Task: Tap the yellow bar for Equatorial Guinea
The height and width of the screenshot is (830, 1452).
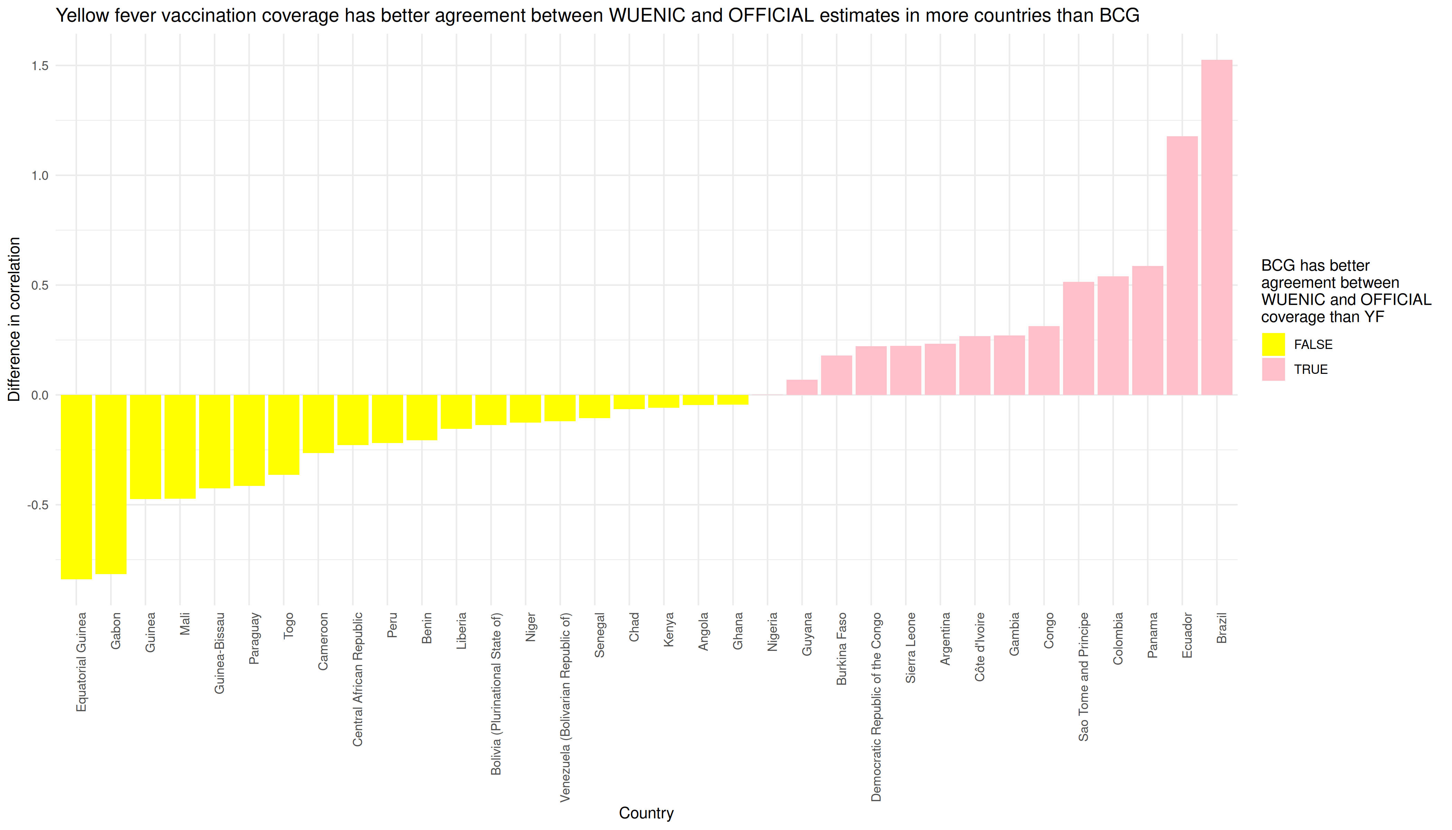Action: pos(76,487)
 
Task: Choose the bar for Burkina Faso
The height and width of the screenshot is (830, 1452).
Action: pos(837,375)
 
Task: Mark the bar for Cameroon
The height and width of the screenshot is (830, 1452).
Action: pos(318,424)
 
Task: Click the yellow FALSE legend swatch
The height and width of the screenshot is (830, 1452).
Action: pos(1273,344)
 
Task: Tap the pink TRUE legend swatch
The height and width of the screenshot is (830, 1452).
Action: pos(1273,369)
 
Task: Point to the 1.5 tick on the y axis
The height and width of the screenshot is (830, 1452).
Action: pos(40,66)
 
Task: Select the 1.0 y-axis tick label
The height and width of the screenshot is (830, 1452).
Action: pos(40,176)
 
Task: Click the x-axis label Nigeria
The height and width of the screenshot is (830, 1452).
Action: pos(772,631)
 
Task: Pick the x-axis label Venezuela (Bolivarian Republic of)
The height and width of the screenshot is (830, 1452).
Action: pos(565,707)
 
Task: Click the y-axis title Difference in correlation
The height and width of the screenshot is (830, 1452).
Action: pos(14,319)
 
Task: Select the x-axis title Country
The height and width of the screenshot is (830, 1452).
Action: pos(646,813)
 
